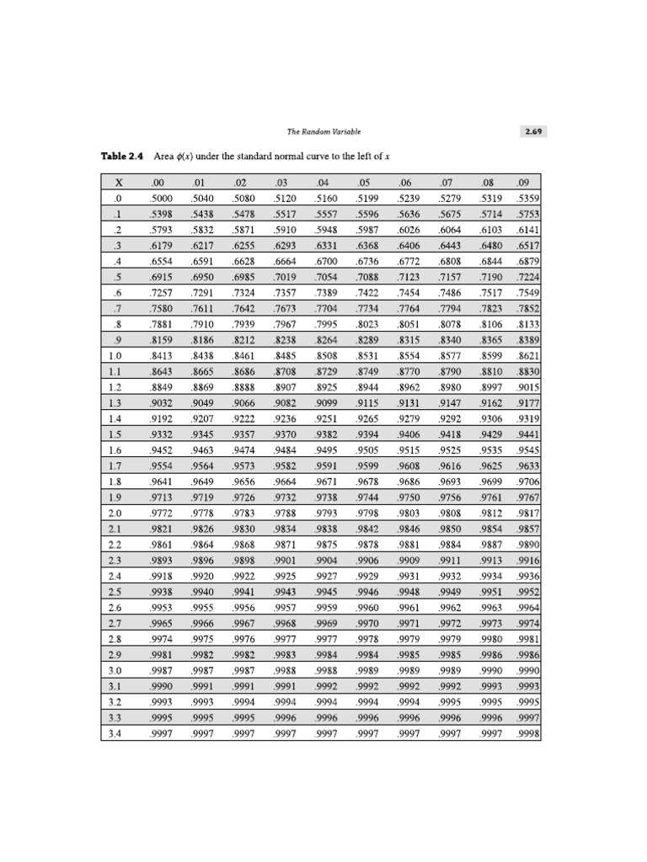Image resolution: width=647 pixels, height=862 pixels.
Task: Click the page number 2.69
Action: [534, 131]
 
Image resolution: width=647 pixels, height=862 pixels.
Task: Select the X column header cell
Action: [119, 183]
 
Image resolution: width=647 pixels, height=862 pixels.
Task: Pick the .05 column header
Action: [364, 183]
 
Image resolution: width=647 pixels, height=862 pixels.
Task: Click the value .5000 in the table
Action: [160, 199]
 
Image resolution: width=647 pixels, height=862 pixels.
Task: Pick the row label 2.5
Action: [115, 593]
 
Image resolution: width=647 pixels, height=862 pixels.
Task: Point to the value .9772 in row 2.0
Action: [160, 513]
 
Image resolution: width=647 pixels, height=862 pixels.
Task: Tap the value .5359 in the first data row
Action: [528, 199]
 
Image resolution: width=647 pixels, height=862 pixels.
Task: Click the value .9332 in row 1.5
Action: [160, 434]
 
